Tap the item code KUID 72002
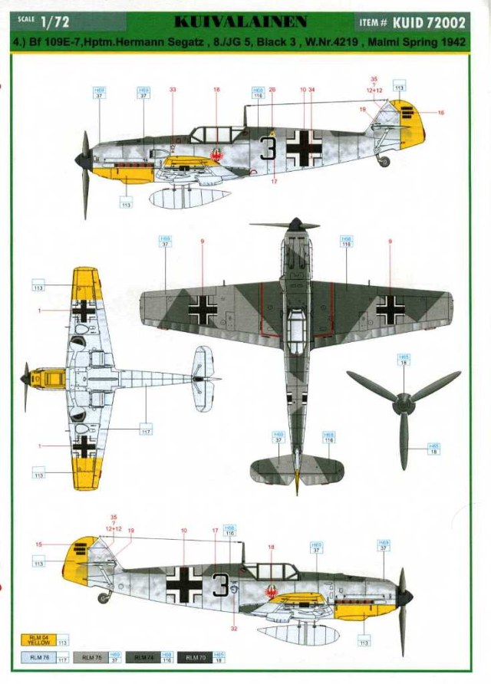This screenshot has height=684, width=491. [x=433, y=22]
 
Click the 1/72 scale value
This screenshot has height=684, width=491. [x=56, y=22]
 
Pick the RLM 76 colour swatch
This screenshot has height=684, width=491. [x=38, y=657]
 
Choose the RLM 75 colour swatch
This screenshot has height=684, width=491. [x=91, y=657]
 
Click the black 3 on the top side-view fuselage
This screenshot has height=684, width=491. [x=268, y=146]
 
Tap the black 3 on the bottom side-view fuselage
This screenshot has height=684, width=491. [x=220, y=584]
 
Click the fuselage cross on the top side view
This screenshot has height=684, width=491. [x=305, y=147]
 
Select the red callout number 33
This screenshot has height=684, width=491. [x=173, y=90]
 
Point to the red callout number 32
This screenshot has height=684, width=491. [x=233, y=628]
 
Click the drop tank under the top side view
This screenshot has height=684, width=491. [x=190, y=198]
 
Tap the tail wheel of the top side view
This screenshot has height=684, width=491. [x=384, y=161]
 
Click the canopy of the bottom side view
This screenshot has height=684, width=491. [x=271, y=571]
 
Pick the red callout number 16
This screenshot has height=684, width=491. [x=440, y=113]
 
